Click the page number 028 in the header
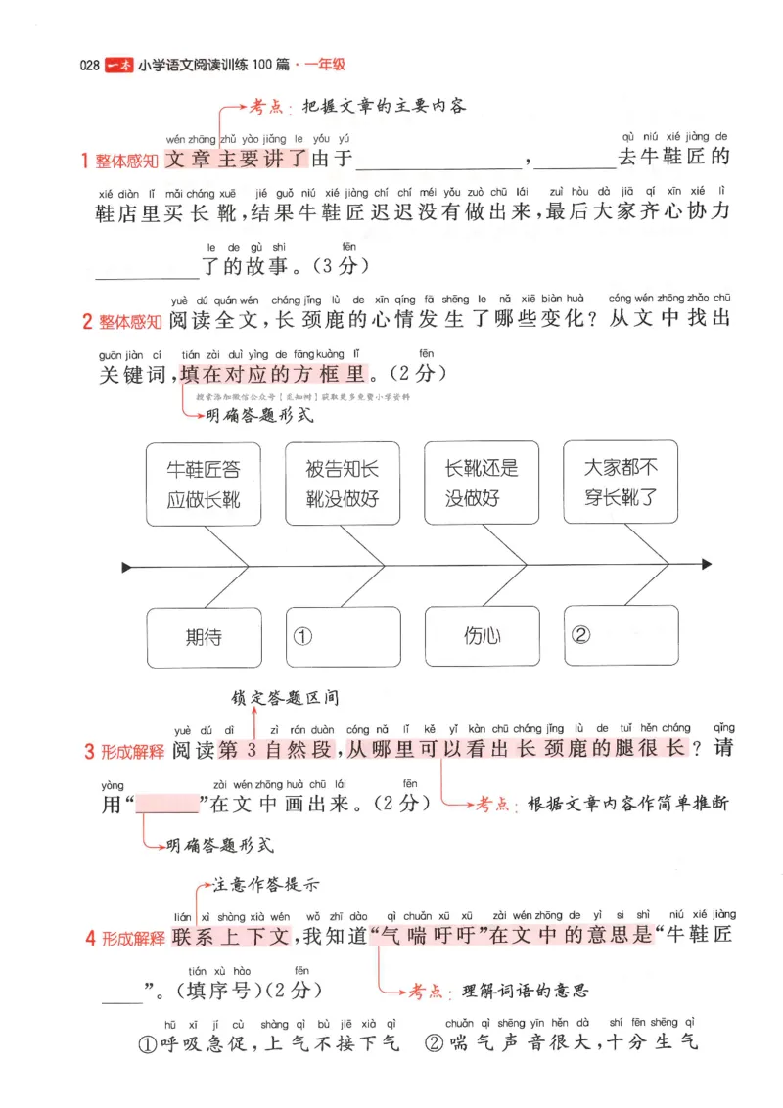[90, 66]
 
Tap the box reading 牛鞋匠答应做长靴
[203, 484]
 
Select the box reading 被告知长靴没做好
[342, 484]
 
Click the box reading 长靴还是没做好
[481, 484]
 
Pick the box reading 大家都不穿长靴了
[620, 484]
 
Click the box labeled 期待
[203, 637]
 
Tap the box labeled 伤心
[481, 637]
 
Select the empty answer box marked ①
[343, 637]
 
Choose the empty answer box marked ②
[621, 637]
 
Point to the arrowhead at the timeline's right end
[706, 565]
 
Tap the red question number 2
[86, 320]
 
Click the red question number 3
[89, 752]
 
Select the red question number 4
[90, 938]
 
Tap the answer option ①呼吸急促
[264, 1043]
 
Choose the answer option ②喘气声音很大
[560, 1043]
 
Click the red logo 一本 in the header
[118, 66]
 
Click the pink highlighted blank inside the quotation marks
[166, 804]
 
